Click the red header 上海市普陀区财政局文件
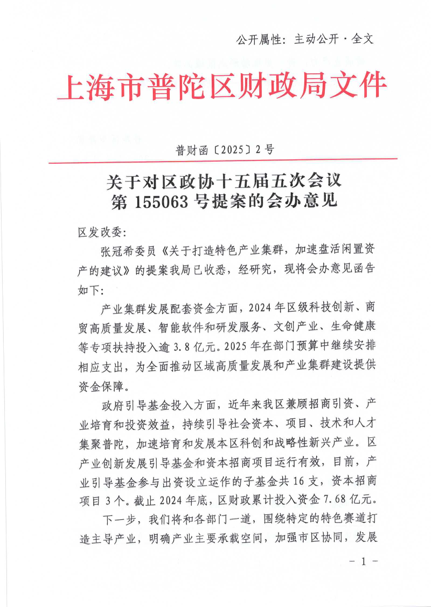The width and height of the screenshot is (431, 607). click(222, 86)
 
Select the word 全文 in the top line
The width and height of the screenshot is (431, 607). click(363, 39)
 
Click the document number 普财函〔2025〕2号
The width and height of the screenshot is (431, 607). click(225, 150)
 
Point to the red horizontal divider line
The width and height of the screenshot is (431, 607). click(222, 160)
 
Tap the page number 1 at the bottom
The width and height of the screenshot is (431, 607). click(363, 561)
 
